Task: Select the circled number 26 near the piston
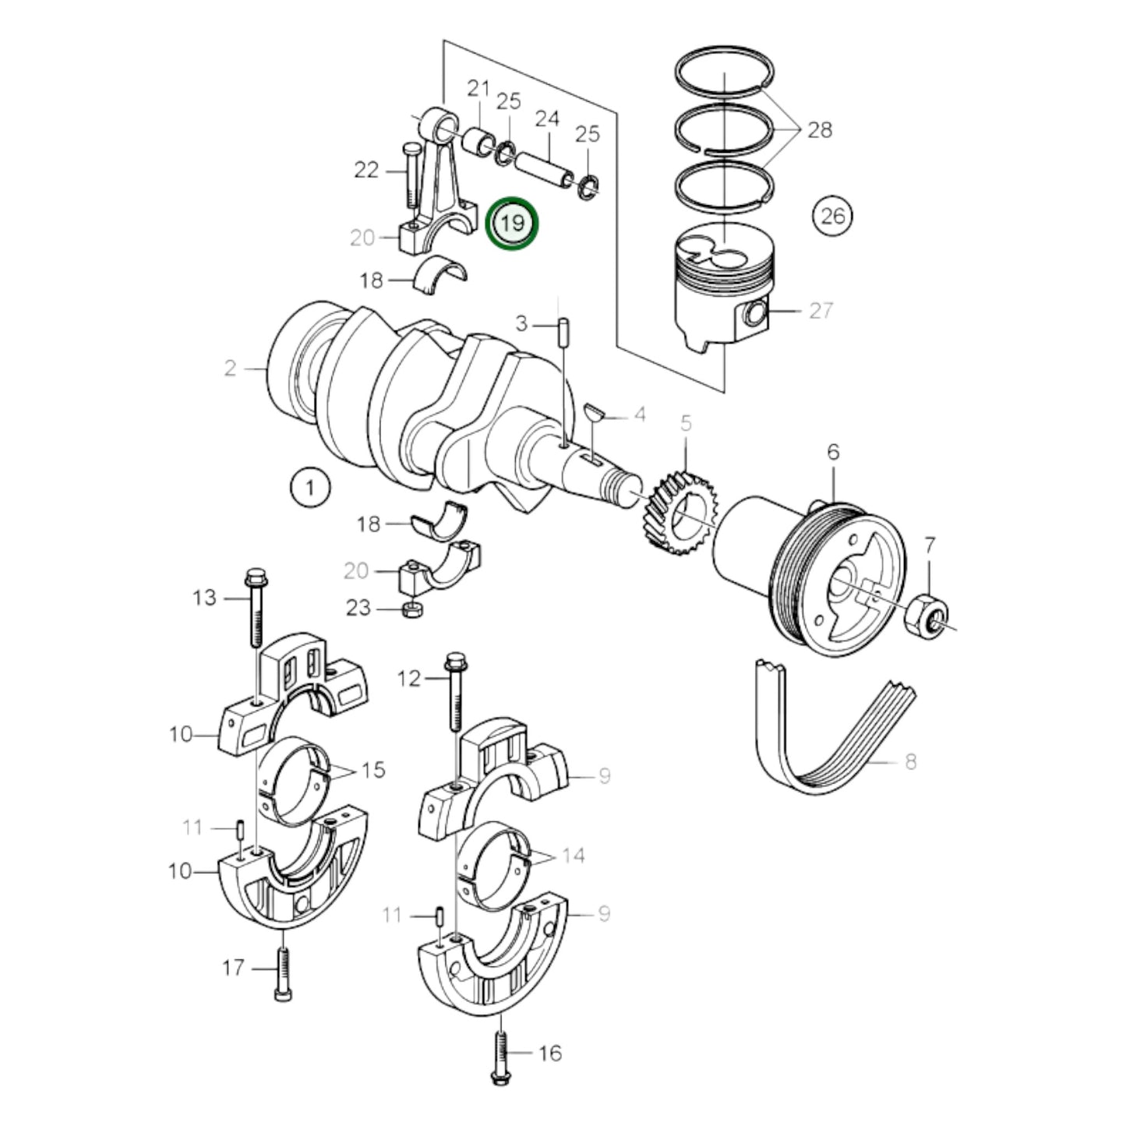(x=832, y=214)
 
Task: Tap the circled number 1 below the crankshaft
(x=310, y=489)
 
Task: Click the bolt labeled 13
(x=256, y=608)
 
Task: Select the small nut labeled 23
(x=411, y=608)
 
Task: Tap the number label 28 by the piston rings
(x=820, y=129)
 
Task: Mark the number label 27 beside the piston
(x=821, y=310)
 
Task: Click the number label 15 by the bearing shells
(x=374, y=770)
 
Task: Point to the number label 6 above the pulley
(x=833, y=452)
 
